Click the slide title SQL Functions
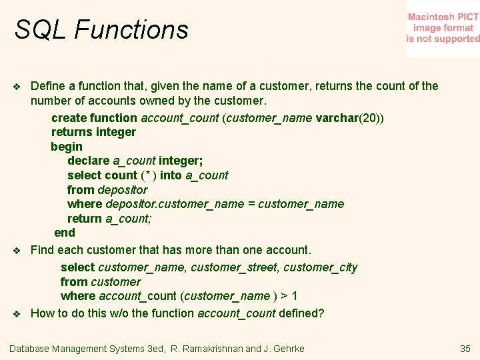101,30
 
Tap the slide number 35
465,349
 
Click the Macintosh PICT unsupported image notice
443,28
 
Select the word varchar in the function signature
337,118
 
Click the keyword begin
67,147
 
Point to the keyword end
65,233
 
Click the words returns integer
93,132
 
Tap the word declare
88,161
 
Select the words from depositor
107,190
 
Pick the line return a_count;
109,219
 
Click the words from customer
100,282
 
